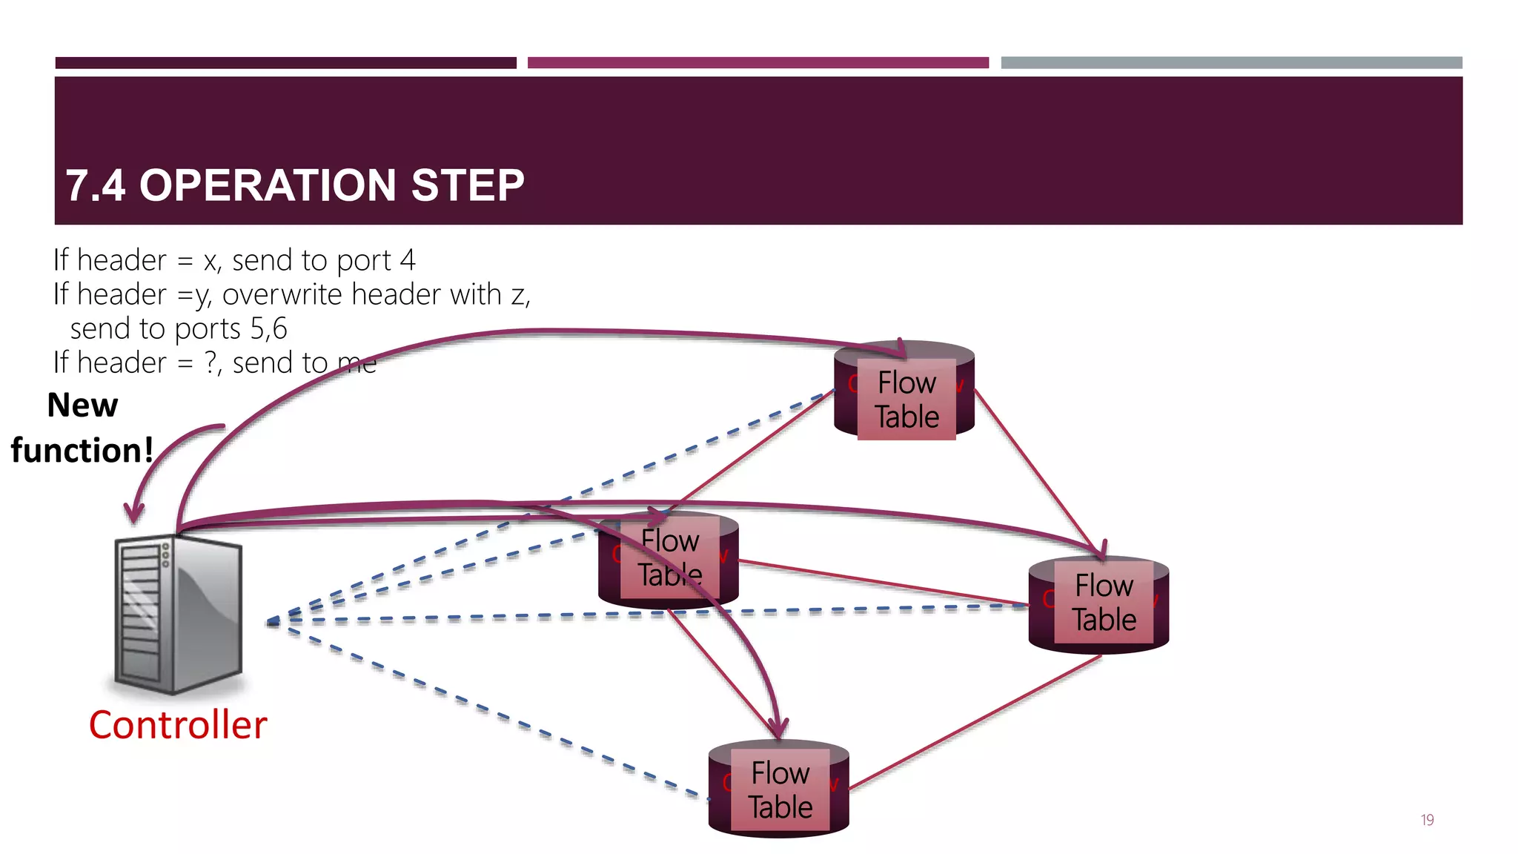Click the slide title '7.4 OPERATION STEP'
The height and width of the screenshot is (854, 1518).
click(x=294, y=185)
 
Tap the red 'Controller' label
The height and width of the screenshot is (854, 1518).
click(x=178, y=725)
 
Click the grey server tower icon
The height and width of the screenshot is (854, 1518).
click(x=179, y=615)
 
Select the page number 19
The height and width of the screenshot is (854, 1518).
click(x=1427, y=820)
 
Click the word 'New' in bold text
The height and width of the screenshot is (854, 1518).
click(x=82, y=406)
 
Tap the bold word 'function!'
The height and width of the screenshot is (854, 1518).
click(x=82, y=451)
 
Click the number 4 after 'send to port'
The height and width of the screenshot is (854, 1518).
click(x=407, y=260)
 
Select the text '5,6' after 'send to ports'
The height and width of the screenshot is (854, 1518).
click(x=269, y=328)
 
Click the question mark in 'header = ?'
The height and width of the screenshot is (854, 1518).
click(x=211, y=363)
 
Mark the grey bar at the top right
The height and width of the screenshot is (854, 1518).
click(x=1231, y=63)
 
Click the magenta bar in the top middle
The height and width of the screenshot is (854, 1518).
click(x=758, y=63)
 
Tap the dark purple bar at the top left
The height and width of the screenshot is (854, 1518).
click(x=285, y=63)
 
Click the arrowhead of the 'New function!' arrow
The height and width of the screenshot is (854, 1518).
click(x=134, y=513)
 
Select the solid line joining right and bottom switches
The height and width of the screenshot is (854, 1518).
click(x=975, y=723)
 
